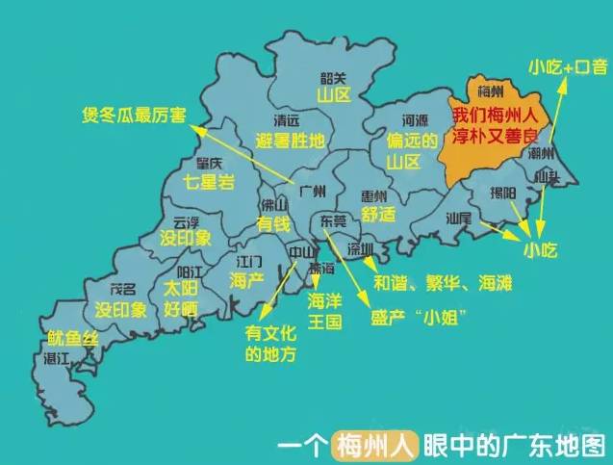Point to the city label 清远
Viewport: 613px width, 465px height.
[286, 120]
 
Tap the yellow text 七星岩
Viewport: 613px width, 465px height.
[209, 181]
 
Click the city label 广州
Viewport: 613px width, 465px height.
[313, 189]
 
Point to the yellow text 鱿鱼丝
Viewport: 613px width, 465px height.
[73, 338]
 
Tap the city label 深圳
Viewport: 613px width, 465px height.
[360, 249]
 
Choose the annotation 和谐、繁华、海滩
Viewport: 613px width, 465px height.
[443, 284]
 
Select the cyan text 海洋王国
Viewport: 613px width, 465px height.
[324, 311]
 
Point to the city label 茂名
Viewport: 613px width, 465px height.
[122, 289]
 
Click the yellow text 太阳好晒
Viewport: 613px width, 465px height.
[180, 297]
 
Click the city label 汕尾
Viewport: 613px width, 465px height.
[458, 219]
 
